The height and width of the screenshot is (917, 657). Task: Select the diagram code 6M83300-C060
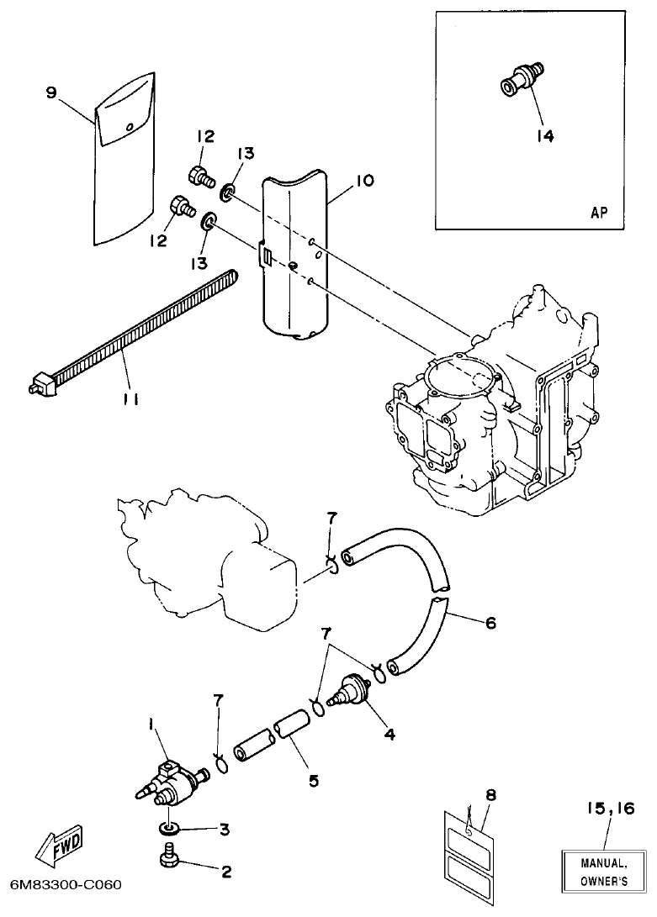coord(66,885)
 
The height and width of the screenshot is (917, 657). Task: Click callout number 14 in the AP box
coord(545,134)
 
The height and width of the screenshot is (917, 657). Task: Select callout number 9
coord(51,93)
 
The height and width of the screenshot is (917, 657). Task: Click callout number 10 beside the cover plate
coord(364,181)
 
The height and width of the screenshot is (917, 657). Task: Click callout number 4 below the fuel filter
coord(389,733)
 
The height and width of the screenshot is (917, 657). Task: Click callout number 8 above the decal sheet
coord(490,793)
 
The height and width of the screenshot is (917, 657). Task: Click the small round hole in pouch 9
coord(129,127)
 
